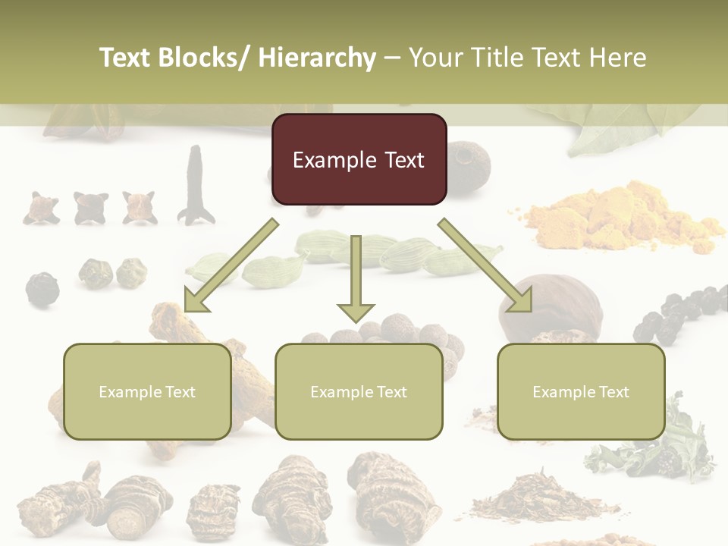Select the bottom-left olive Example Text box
147,391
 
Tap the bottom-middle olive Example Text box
359,391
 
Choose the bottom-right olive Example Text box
581,391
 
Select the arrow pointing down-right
485,265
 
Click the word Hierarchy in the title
317,58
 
